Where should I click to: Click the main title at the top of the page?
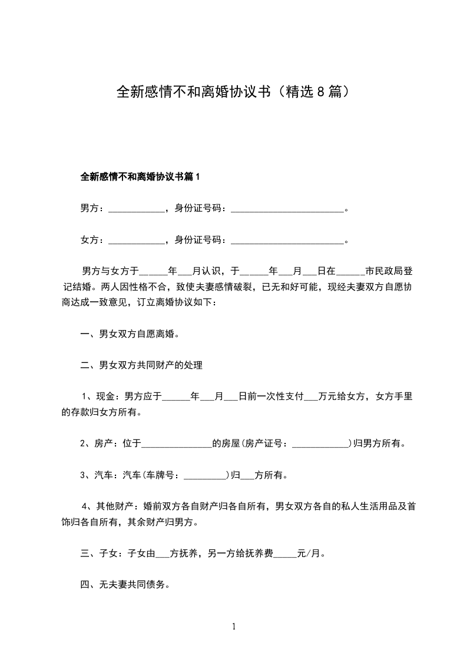[x=234, y=92]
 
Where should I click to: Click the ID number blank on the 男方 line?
[x=287, y=208]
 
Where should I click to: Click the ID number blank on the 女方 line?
[x=287, y=240]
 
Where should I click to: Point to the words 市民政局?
[x=385, y=272]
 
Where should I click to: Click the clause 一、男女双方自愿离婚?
[x=130, y=334]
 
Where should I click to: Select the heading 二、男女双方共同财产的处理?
[x=141, y=365]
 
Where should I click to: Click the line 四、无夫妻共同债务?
[x=125, y=585]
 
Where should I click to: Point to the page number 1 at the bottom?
[x=234, y=626]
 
